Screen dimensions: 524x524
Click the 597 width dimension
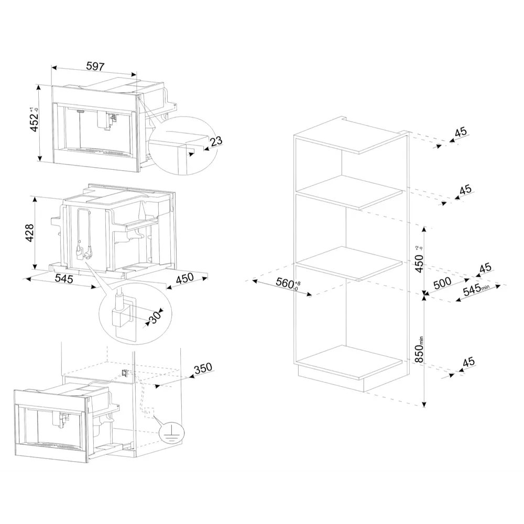[95, 66]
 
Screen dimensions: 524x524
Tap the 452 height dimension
[34, 119]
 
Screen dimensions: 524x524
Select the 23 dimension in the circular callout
[216, 140]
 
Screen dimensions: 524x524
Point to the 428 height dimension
[30, 233]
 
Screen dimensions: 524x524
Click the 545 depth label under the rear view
[64, 278]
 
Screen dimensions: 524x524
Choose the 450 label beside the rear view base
[184, 278]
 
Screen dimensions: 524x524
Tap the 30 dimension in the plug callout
[156, 317]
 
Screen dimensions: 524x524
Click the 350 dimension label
[203, 368]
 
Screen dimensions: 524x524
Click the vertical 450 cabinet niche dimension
[419, 261]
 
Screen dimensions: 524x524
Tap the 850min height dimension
[419, 350]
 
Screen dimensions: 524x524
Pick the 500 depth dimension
[442, 283]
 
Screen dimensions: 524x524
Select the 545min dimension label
[476, 289]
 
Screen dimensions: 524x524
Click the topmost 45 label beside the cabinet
[461, 132]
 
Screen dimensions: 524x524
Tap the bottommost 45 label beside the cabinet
[468, 362]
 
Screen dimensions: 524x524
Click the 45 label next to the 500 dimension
[485, 268]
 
